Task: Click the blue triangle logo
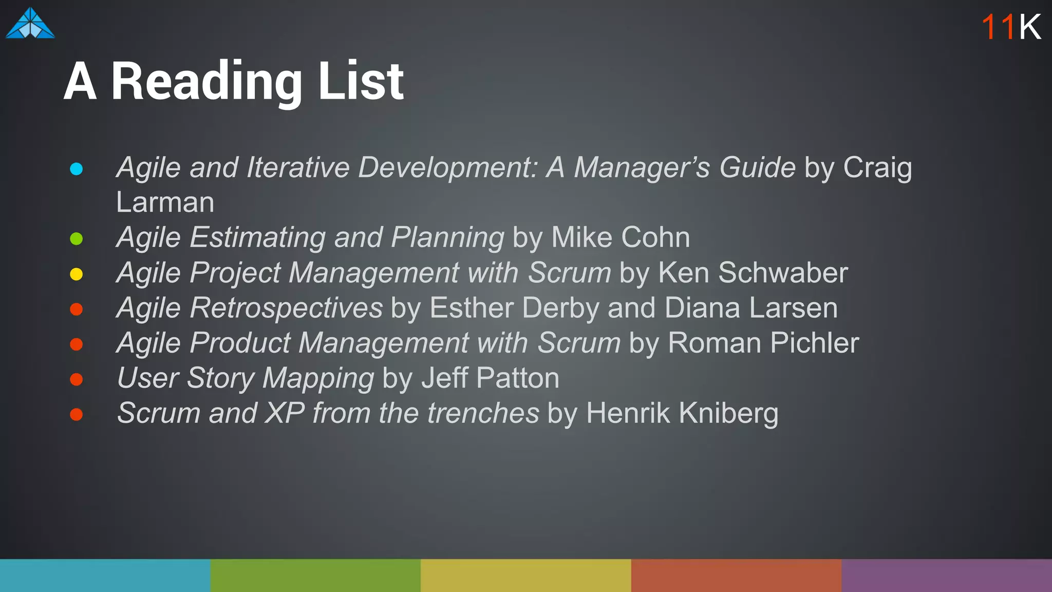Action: point(30,24)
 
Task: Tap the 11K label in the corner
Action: point(1011,27)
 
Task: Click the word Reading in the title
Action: point(206,82)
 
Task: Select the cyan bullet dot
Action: point(77,169)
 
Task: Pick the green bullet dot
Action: point(77,239)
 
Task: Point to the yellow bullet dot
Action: point(77,274)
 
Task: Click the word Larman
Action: point(165,202)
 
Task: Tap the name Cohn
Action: point(655,237)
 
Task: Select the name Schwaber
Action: point(783,272)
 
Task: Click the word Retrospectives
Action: point(286,308)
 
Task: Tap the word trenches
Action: point(483,413)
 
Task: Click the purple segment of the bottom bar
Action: point(947,576)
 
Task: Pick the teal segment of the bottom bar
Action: point(105,576)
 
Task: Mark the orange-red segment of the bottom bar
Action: point(736,576)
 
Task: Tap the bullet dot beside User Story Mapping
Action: point(77,380)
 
